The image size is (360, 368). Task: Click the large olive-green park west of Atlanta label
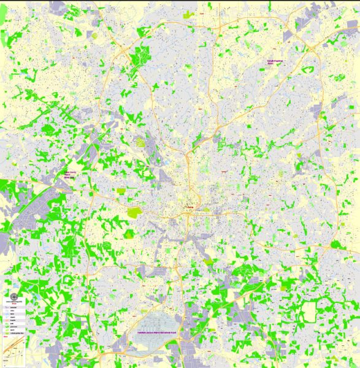[x=134, y=213]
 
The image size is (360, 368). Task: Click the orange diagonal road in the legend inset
[x=11, y=355]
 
